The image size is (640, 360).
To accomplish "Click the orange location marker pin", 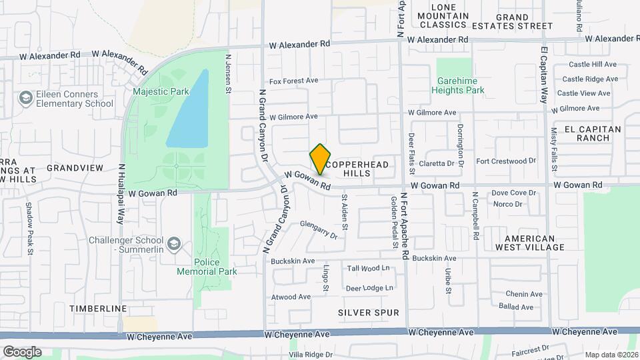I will [321, 159].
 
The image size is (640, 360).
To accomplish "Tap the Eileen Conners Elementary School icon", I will [25, 99].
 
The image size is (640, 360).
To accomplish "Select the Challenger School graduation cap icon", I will [174, 244].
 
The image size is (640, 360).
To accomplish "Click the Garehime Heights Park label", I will [461, 85].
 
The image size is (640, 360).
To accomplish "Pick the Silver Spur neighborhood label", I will [368, 312].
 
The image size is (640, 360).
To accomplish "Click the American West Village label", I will [530, 243].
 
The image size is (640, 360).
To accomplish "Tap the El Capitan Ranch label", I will [592, 133].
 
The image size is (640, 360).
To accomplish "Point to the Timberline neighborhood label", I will [98, 309].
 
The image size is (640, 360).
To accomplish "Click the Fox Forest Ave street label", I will [294, 81].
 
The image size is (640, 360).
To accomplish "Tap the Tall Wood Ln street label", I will [369, 269].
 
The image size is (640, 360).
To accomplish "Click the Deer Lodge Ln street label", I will [369, 288].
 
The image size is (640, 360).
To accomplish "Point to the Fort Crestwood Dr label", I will [506, 161].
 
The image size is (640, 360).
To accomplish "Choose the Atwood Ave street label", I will [291, 297].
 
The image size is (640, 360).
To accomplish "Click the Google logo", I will [22, 351].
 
